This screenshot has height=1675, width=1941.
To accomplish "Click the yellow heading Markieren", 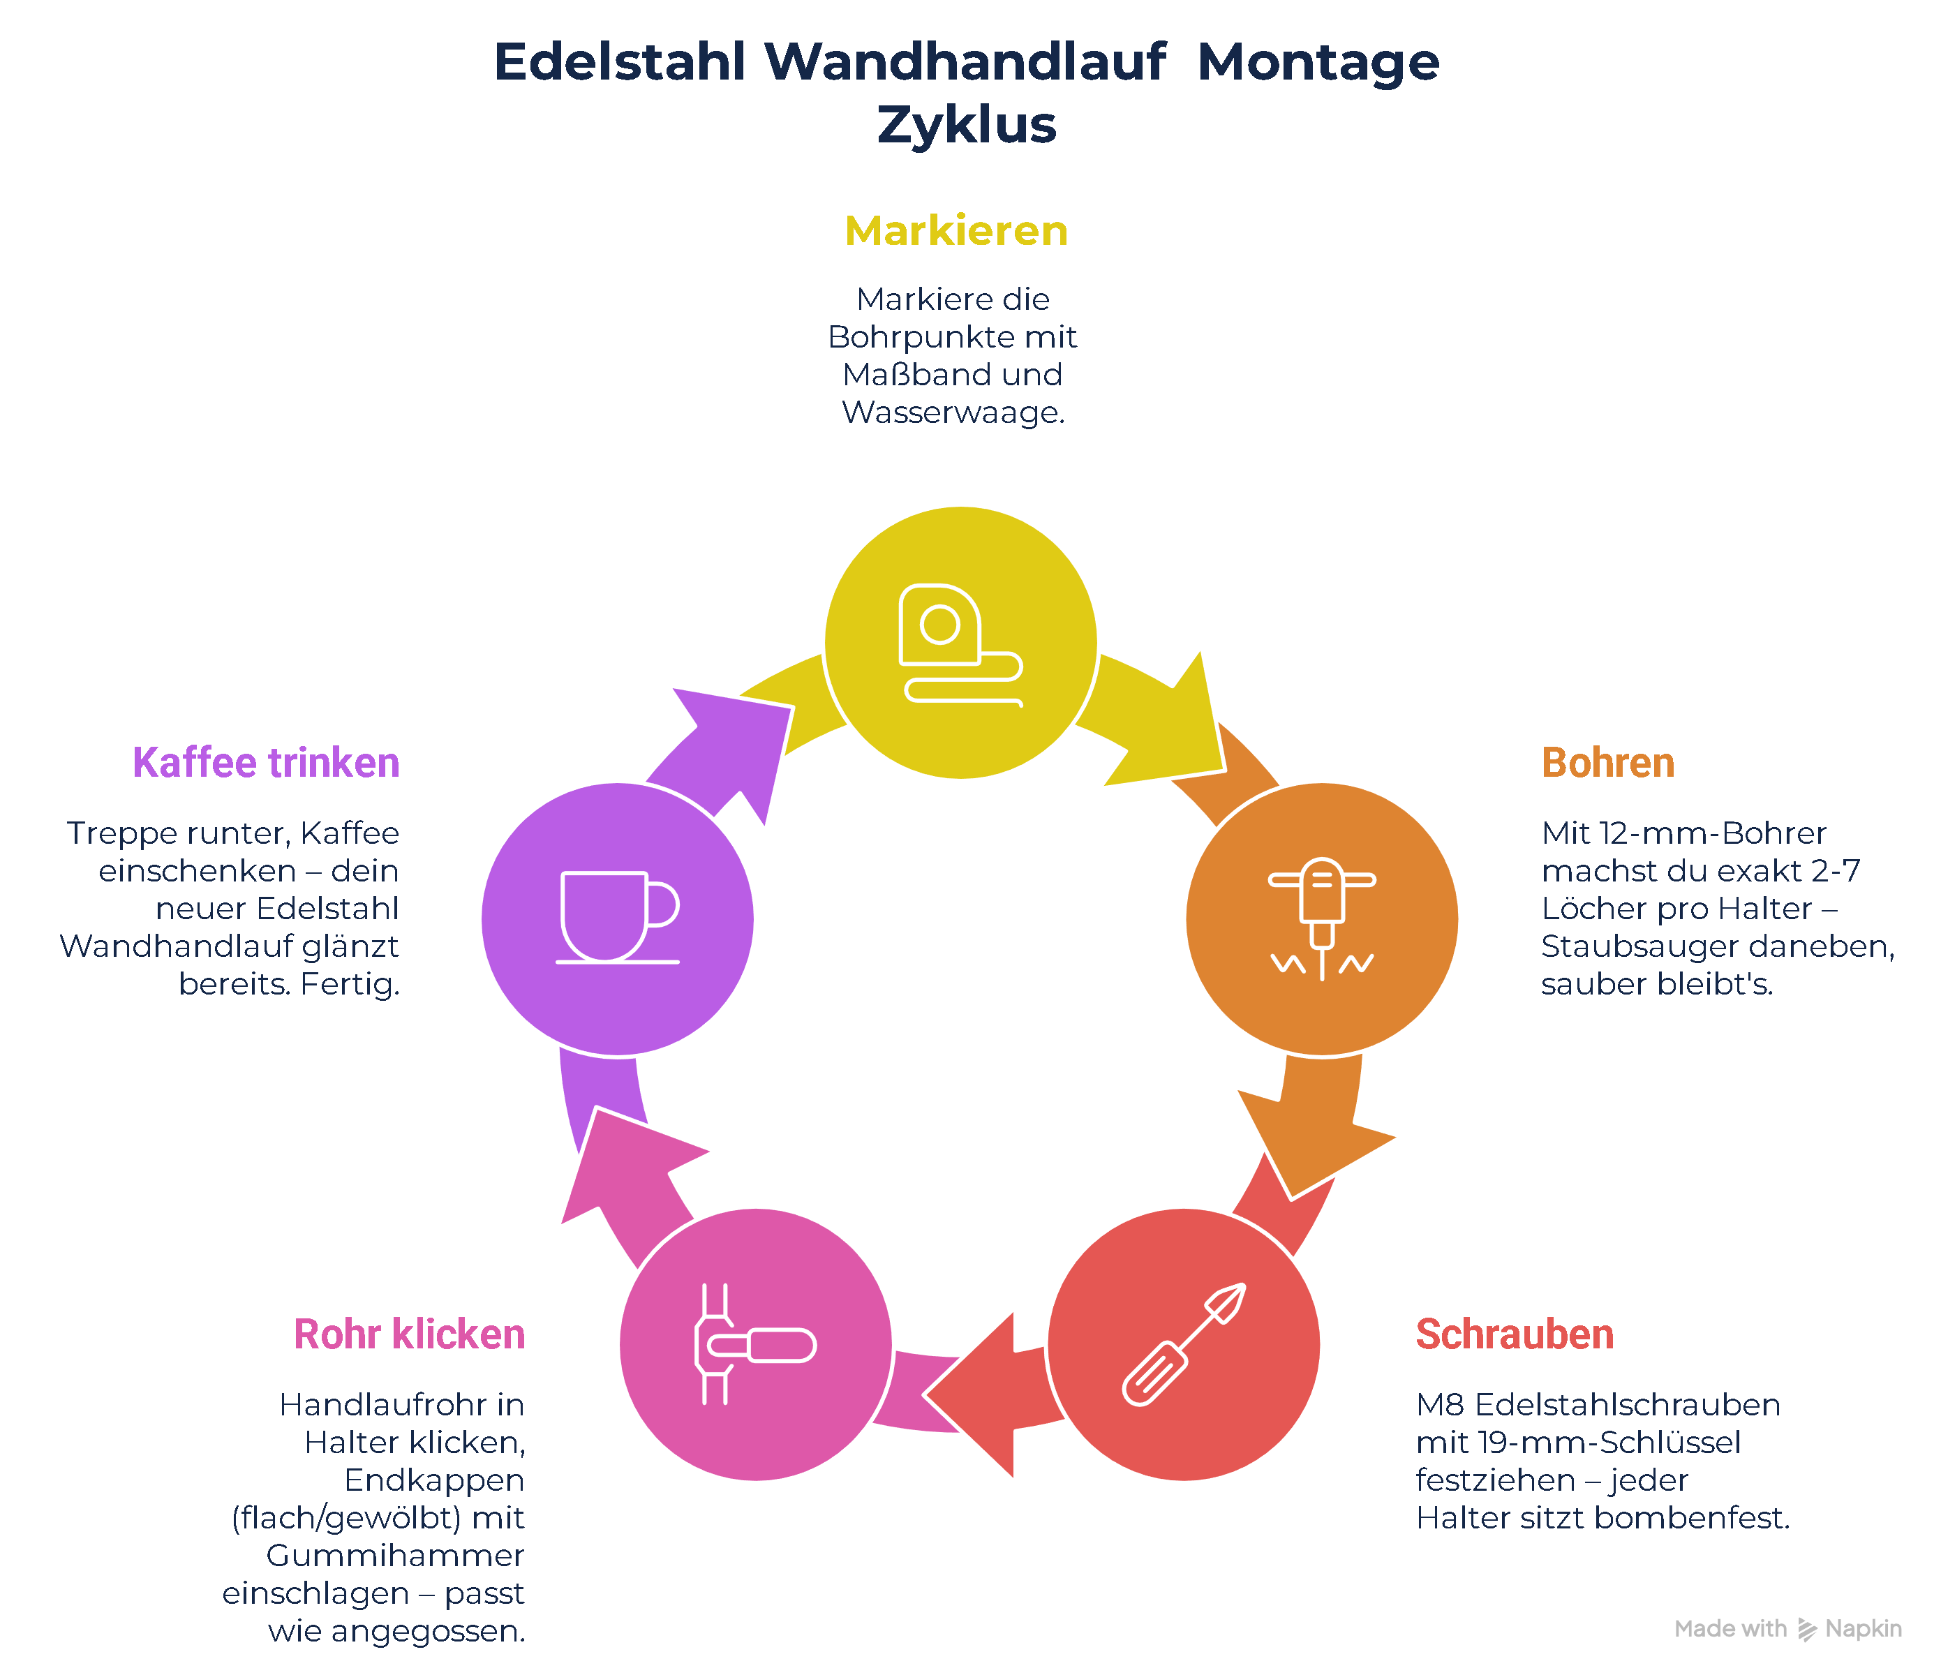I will pos(955,230).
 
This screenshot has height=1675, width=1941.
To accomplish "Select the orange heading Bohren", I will pos(1607,763).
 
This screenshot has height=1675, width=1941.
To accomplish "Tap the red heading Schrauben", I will pos(1515,1334).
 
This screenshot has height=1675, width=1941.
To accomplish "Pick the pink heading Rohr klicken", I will pos(410,1334).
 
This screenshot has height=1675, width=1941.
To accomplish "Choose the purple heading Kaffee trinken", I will pos(266,763).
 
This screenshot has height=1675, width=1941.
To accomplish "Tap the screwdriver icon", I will pos(1184,1344).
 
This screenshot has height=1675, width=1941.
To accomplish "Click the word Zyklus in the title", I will pos(967,125).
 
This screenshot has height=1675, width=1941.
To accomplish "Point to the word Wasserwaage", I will pos(953,412).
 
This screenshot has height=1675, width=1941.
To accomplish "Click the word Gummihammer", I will pos(394,1555).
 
